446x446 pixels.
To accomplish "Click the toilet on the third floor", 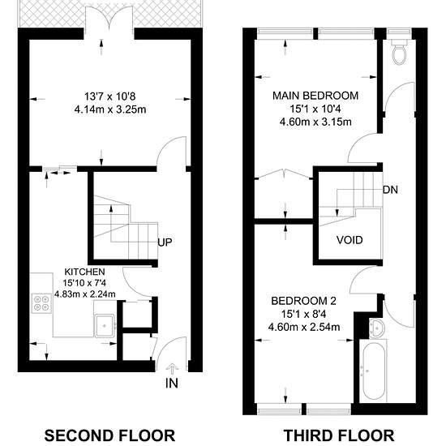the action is (x=400, y=52).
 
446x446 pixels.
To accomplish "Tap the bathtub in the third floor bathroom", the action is (x=374, y=371).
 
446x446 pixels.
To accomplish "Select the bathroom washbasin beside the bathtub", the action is (x=377, y=328).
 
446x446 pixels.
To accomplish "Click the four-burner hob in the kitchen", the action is (x=41, y=303).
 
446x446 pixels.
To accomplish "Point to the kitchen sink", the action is (x=105, y=325).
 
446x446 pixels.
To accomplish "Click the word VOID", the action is (x=350, y=240).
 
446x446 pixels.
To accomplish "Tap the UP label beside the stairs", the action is (x=165, y=242).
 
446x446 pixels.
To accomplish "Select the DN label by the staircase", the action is (x=390, y=190).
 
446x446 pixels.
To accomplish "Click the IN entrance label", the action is (x=172, y=383).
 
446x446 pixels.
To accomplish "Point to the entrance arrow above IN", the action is (x=172, y=369).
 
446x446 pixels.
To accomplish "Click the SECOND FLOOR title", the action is (x=109, y=435).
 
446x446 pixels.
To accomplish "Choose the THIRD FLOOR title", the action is (x=339, y=435).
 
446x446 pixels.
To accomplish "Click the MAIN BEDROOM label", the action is (x=315, y=96).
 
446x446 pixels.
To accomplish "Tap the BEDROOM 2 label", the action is (x=304, y=301).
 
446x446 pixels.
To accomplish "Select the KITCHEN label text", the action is (x=85, y=272).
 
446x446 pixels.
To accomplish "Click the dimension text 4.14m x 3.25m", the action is (x=110, y=109).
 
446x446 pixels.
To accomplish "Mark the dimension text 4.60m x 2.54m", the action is (x=304, y=327).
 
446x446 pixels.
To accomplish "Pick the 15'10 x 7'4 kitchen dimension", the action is (x=85, y=283).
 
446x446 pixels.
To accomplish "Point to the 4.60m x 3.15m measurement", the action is (x=315, y=122).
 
